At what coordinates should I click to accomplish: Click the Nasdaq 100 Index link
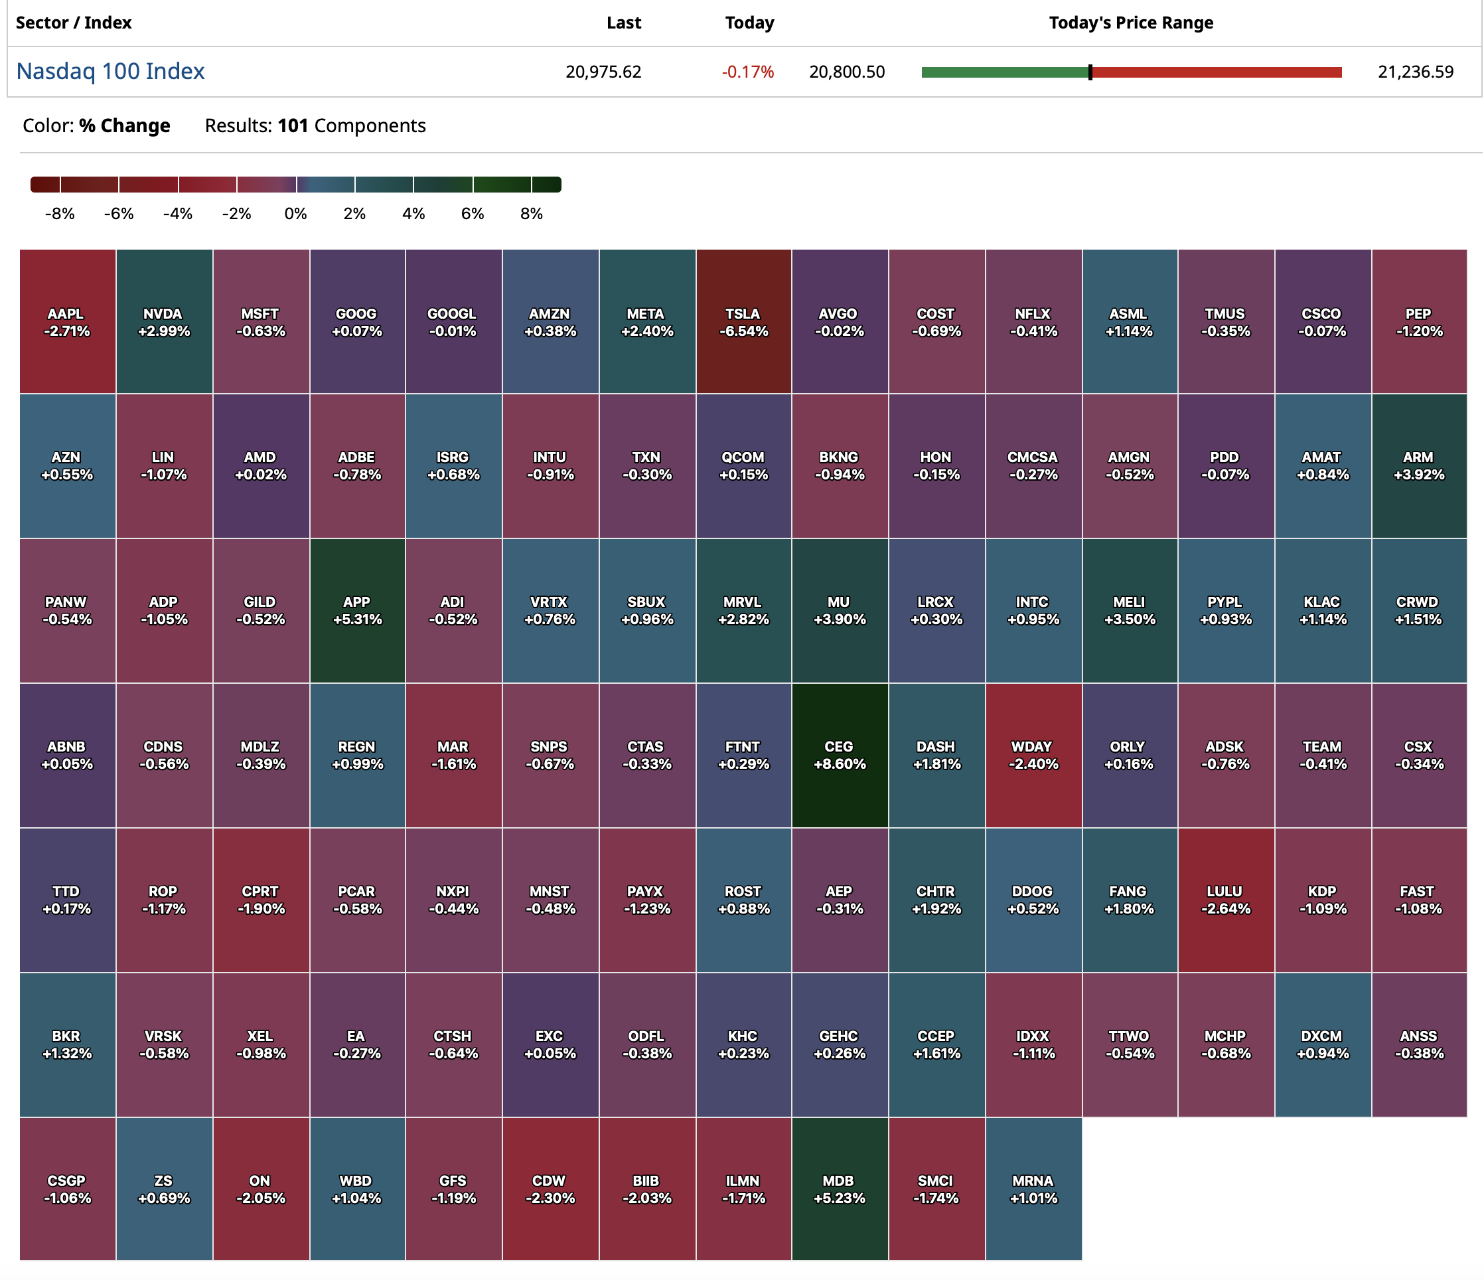click(x=110, y=72)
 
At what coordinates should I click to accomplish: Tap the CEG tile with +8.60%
click(x=840, y=755)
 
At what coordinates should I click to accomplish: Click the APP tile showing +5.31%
click(x=356, y=610)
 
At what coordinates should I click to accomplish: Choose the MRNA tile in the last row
click(x=1033, y=1189)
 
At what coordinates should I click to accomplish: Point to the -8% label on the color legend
click(x=60, y=214)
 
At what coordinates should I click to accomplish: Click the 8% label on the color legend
click(x=532, y=214)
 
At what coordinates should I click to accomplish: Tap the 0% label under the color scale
click(x=296, y=214)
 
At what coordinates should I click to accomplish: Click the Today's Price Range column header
click(x=1131, y=23)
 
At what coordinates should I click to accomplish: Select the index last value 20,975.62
click(x=603, y=72)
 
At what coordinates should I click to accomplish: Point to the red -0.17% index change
click(x=748, y=72)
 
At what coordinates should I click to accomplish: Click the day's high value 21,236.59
click(x=1415, y=72)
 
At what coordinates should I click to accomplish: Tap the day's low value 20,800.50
click(x=847, y=72)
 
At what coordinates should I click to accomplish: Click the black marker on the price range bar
click(x=1090, y=72)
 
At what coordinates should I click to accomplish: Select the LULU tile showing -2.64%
click(x=1225, y=900)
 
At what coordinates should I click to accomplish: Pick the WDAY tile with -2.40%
click(x=1033, y=755)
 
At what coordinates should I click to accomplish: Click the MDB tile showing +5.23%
click(x=840, y=1189)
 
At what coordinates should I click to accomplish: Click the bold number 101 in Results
click(x=293, y=126)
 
